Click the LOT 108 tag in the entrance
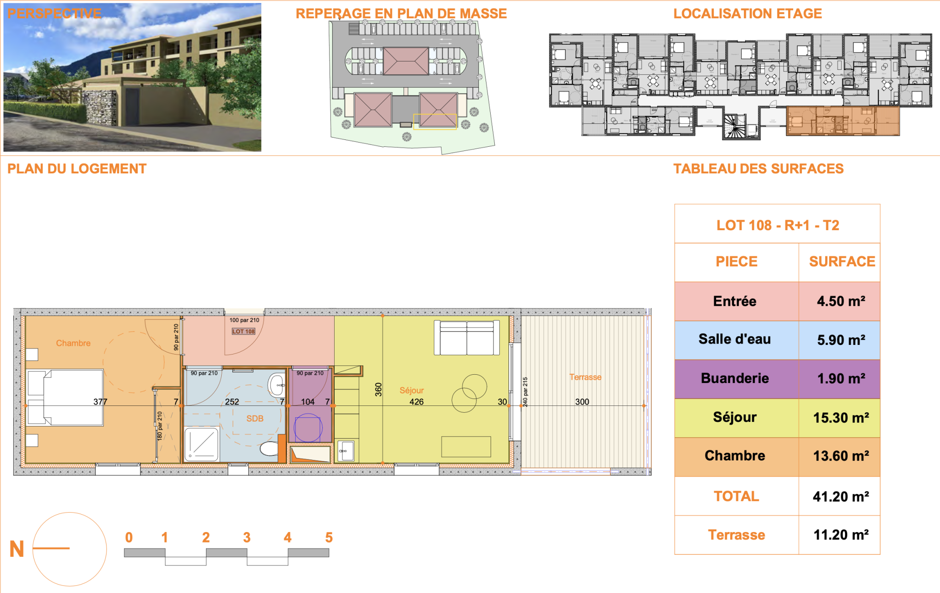tap(243, 331)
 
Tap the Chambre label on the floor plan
tap(73, 343)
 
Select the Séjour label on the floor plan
tap(412, 390)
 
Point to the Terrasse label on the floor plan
tap(585, 377)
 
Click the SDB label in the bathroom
tap(255, 418)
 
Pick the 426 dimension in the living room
tap(417, 402)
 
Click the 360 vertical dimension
tap(378, 389)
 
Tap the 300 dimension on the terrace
tap(582, 402)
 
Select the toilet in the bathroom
tap(269, 448)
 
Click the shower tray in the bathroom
tap(201, 444)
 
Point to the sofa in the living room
tap(467, 338)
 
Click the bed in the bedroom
tap(65, 397)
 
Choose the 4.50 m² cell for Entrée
tap(841, 301)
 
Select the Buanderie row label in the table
tap(735, 378)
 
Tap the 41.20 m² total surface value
tap(841, 497)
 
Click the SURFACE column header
tap(842, 261)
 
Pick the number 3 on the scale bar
tap(247, 538)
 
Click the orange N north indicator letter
tap(17, 549)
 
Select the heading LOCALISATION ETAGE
tap(748, 14)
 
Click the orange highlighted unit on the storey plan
tap(843, 121)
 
